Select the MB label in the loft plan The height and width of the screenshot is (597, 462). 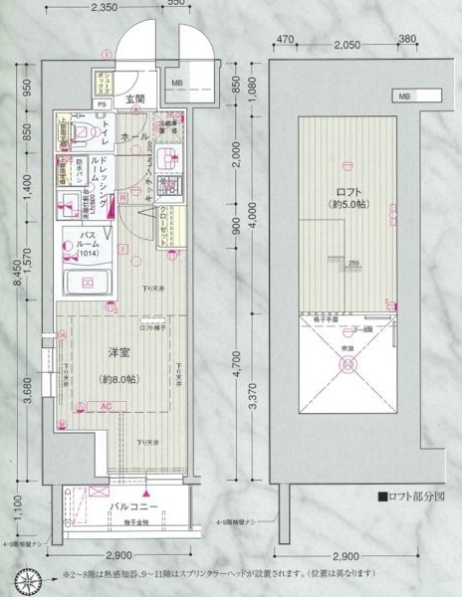pyautogui.click(x=405, y=96)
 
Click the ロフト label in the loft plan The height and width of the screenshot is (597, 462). pyautogui.click(x=347, y=192)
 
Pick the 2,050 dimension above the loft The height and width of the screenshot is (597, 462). pyautogui.click(x=346, y=44)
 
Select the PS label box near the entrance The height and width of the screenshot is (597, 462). pyautogui.click(x=103, y=102)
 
